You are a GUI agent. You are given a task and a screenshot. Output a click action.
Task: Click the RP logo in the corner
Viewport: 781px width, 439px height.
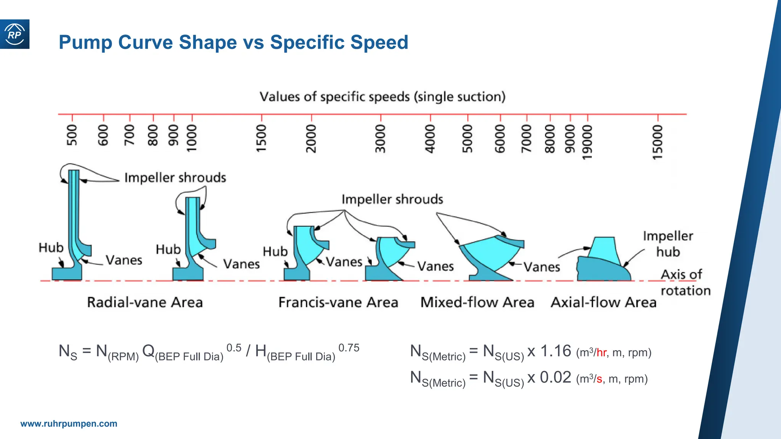pyautogui.click(x=14, y=34)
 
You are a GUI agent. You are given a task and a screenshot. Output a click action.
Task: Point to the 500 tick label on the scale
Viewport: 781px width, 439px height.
pyautogui.click(x=72, y=135)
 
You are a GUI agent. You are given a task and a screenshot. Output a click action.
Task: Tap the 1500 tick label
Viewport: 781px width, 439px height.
pyautogui.click(x=261, y=138)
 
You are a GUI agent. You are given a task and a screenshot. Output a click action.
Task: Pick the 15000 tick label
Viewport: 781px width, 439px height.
pyautogui.click(x=657, y=142)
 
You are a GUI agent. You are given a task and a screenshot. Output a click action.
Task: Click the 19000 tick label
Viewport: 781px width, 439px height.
pyautogui.click(x=587, y=142)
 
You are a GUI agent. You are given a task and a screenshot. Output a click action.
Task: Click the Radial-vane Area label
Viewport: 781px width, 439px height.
pyautogui.click(x=145, y=302)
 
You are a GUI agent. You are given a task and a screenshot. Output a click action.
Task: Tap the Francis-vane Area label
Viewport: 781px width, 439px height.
pyautogui.click(x=338, y=302)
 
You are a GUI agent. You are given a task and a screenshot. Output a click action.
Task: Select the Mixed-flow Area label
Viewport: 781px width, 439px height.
pyautogui.click(x=477, y=302)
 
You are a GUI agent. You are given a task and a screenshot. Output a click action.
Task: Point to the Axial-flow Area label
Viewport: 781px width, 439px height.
pyautogui.click(x=603, y=302)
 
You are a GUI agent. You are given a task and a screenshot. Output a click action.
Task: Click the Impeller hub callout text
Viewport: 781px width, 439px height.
pyautogui.click(x=668, y=244)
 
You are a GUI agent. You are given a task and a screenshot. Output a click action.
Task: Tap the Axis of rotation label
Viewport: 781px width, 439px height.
pyautogui.click(x=685, y=282)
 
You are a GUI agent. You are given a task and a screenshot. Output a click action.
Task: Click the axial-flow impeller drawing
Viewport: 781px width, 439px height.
pyautogui.click(x=603, y=263)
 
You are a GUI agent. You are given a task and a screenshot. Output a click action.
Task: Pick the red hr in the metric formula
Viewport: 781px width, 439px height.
pyautogui.click(x=601, y=352)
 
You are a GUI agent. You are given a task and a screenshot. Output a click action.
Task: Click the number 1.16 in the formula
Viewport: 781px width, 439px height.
pyautogui.click(x=556, y=351)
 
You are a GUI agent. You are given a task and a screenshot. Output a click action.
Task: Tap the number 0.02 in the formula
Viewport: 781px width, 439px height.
pyautogui.click(x=555, y=377)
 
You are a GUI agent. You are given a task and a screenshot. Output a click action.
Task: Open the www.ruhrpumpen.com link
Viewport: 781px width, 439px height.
pyautogui.click(x=69, y=424)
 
